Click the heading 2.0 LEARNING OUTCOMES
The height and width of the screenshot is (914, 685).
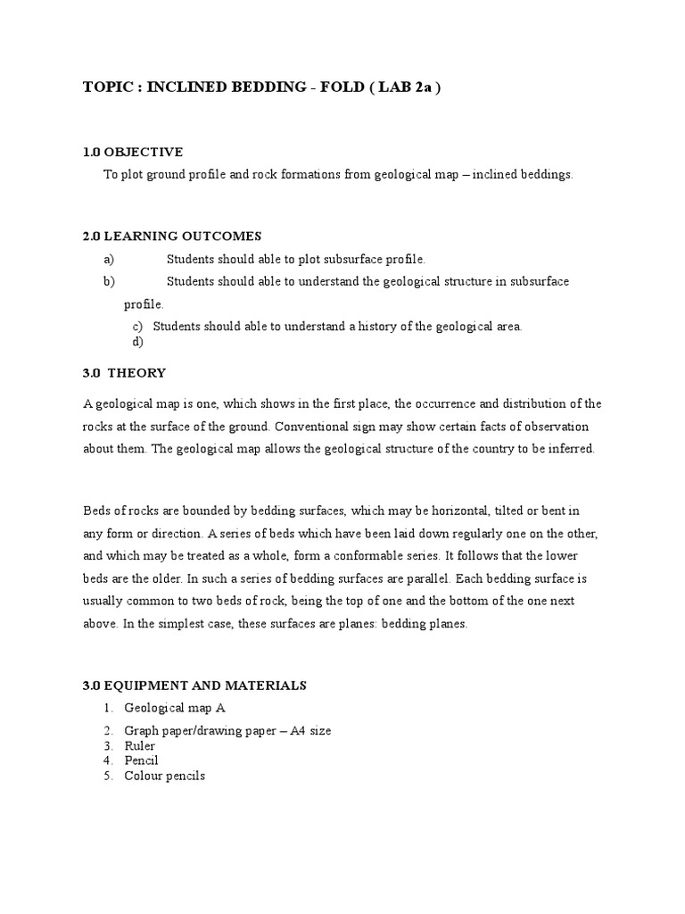coord(172,236)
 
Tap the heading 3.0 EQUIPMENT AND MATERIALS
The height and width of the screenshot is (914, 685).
coord(194,685)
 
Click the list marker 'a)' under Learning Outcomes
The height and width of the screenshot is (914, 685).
coord(110,259)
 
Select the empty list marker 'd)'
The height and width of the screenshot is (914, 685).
coord(137,340)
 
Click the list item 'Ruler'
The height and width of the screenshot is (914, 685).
coord(140,745)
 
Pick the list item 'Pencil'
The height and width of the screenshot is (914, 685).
coord(141,760)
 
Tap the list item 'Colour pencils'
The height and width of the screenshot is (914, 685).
coord(164,776)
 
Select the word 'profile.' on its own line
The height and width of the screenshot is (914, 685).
coord(144,304)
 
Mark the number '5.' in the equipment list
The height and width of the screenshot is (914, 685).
coord(108,776)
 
